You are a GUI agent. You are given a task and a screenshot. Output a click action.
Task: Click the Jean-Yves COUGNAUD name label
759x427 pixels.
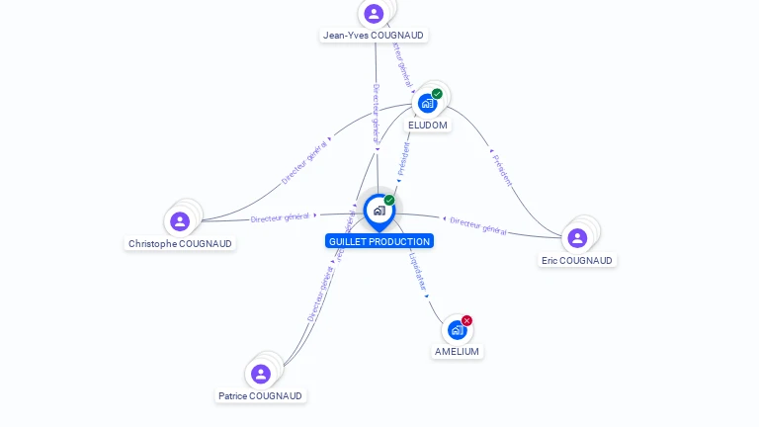[x=374, y=36]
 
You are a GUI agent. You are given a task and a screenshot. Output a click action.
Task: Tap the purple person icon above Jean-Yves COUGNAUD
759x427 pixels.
[x=374, y=14]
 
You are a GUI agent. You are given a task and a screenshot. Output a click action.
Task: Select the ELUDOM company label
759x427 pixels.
[x=428, y=126]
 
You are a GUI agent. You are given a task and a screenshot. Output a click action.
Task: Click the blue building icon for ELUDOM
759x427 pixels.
[x=427, y=103]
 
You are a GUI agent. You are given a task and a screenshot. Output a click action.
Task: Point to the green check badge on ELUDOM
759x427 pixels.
[x=437, y=94]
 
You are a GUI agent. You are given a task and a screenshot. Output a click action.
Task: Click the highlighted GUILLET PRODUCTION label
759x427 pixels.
[x=379, y=241]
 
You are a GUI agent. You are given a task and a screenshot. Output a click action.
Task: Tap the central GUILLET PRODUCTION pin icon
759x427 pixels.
[x=379, y=211]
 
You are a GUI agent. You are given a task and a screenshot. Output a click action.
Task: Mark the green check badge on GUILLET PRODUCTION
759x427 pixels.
[x=389, y=201]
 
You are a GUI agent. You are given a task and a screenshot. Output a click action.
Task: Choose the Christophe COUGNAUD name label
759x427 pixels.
[x=180, y=243]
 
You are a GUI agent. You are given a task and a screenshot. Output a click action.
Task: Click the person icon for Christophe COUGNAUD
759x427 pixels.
[x=180, y=221]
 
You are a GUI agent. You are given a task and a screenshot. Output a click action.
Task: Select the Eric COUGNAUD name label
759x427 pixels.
[x=577, y=261]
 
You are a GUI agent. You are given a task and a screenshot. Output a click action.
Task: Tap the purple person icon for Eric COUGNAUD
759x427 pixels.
[x=577, y=238]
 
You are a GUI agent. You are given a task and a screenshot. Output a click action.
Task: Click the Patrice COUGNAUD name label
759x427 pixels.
[x=261, y=395]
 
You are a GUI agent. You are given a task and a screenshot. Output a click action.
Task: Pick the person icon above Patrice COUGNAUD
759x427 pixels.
[x=261, y=374]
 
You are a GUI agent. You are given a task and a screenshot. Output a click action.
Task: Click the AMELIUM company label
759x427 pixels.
[x=457, y=352]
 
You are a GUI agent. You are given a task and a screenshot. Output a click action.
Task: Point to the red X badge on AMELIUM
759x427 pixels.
[x=466, y=320]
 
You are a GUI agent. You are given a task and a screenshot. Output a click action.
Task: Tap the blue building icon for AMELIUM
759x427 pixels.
[x=456, y=330]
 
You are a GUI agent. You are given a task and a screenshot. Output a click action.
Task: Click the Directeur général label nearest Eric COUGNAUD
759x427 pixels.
[x=478, y=225]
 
